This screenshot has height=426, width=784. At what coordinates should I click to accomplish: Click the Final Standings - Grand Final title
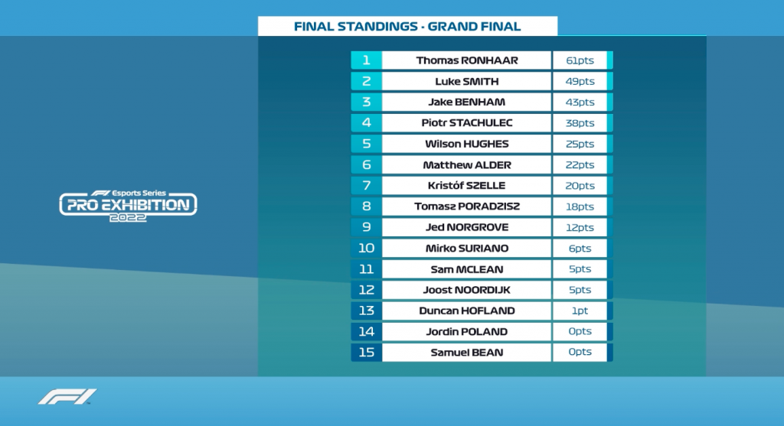(407, 27)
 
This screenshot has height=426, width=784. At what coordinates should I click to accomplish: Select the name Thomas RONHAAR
(467, 60)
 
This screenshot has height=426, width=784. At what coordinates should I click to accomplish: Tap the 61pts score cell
(580, 60)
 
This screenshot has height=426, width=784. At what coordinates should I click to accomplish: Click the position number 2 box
(367, 81)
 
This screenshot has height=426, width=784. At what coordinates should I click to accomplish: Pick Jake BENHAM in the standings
(467, 102)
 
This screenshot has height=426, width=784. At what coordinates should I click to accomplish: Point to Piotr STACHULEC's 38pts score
(580, 123)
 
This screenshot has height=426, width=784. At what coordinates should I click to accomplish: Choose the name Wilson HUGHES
(467, 144)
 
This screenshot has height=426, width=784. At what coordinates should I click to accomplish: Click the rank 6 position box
(367, 164)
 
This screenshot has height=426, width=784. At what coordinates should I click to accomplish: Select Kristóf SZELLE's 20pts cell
(580, 185)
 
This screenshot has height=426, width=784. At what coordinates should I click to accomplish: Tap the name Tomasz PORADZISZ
(467, 206)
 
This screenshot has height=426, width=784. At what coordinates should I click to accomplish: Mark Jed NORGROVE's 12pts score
(580, 227)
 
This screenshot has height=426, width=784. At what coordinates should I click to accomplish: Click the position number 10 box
(367, 249)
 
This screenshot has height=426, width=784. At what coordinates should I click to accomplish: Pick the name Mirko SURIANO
(467, 249)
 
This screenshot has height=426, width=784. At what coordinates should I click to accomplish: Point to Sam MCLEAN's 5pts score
(580, 268)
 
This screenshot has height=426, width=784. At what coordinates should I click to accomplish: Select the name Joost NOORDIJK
(467, 290)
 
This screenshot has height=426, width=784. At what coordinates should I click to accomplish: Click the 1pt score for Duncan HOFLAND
(580, 311)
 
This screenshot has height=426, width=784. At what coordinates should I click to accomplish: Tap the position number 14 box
(367, 332)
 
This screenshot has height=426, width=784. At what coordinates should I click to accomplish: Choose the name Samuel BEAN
(467, 352)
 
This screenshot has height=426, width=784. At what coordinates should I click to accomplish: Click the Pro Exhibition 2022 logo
(128, 206)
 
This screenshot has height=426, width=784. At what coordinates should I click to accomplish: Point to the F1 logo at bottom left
(67, 396)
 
